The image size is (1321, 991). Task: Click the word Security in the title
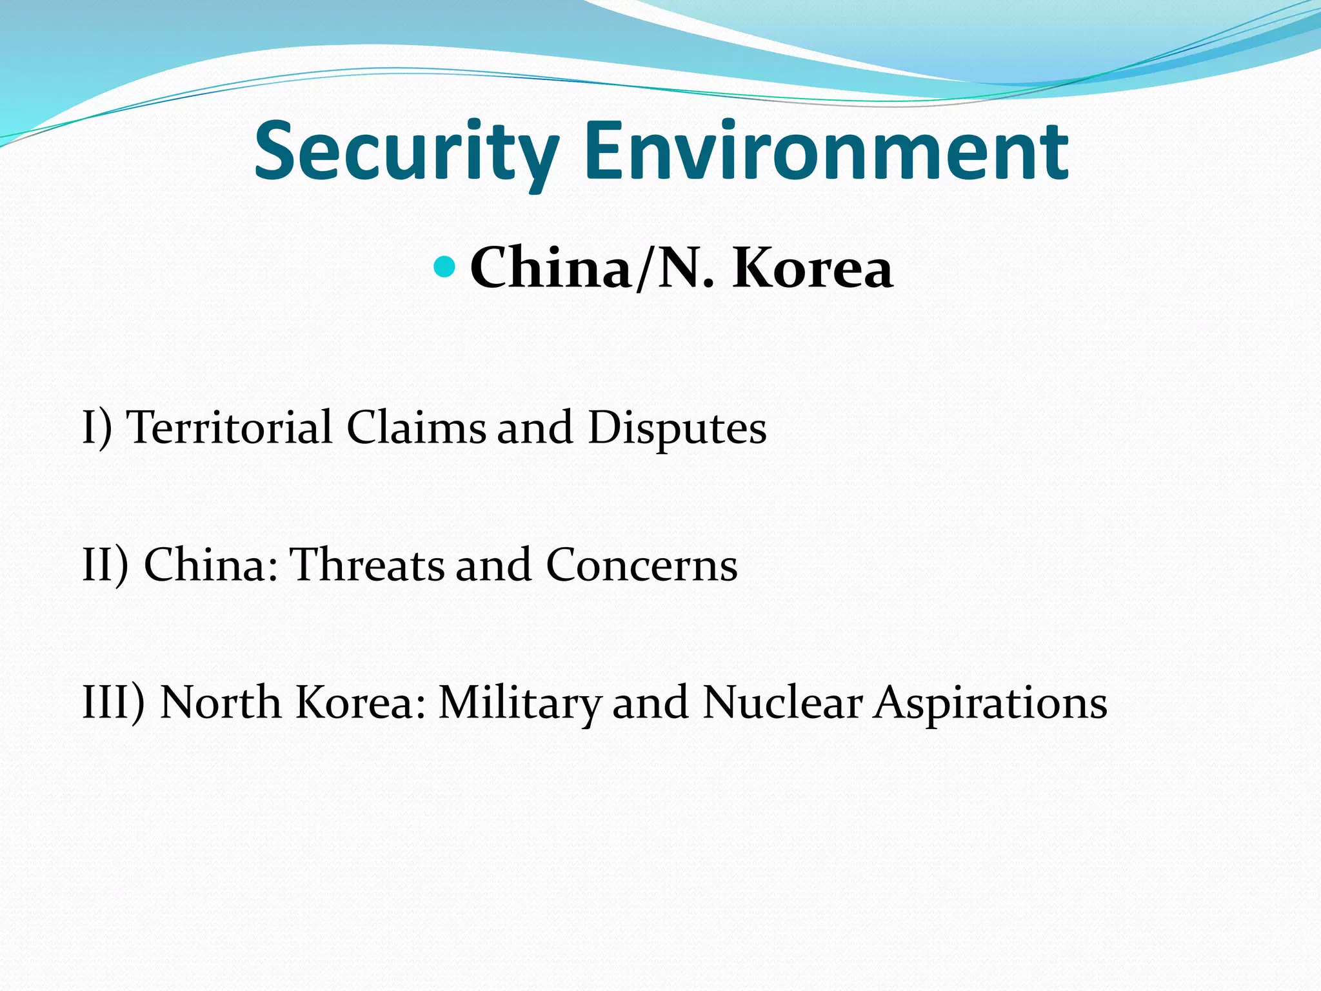[406, 152]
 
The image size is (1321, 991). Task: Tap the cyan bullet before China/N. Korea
[444, 266]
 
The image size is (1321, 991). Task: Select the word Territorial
[230, 427]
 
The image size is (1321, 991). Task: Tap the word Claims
[416, 427]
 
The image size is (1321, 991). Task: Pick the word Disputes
[677, 428]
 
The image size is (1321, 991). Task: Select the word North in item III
[219, 702]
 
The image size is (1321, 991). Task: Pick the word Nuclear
[782, 702]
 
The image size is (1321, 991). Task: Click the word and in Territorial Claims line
[535, 427]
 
